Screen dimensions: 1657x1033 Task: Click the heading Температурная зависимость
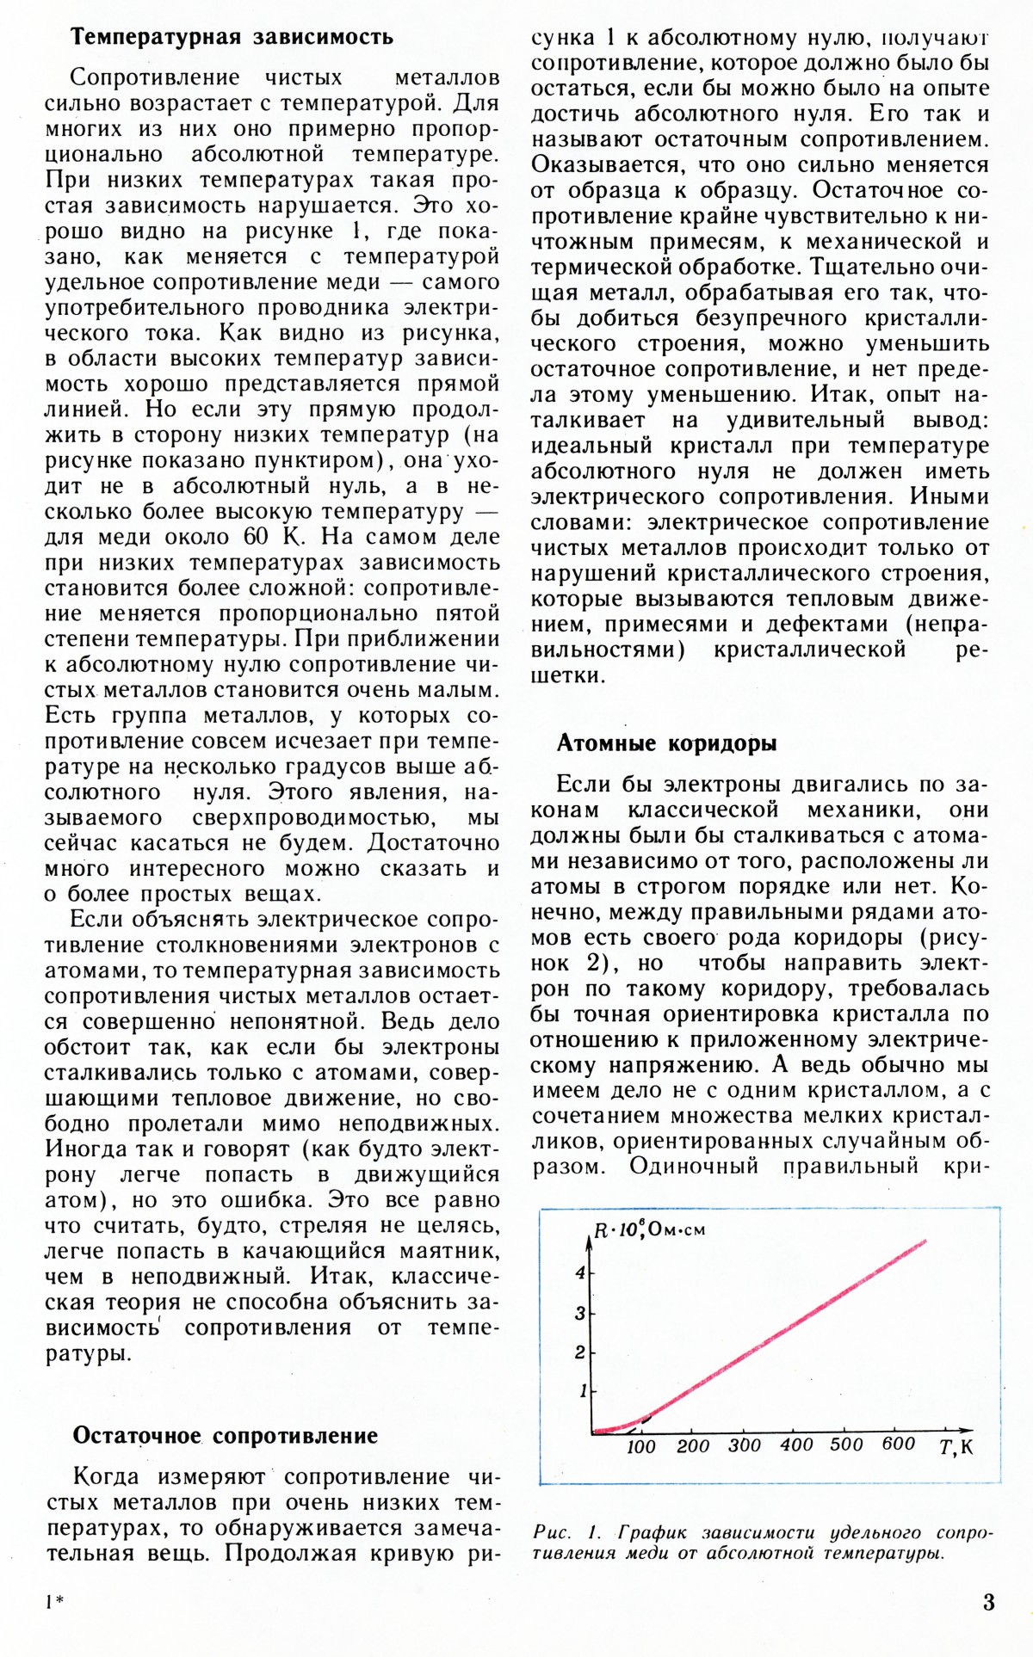[232, 37]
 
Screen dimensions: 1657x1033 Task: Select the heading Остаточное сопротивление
[225, 1436]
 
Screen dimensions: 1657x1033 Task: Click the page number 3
[988, 1603]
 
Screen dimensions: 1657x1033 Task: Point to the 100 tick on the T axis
[641, 1447]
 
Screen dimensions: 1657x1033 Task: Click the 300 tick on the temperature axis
[745, 1446]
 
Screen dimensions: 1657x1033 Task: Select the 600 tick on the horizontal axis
[898, 1444]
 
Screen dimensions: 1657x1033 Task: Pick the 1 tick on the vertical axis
[583, 1390]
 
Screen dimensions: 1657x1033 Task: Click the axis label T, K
[956, 1447]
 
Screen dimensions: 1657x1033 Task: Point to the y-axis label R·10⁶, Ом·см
[650, 1230]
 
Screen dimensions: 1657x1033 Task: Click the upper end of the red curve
[925, 1241]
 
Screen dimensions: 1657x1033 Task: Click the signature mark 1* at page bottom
[53, 1601]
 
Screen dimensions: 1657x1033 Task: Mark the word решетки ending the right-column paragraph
[566, 675]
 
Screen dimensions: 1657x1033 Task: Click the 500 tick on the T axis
[846, 1445]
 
